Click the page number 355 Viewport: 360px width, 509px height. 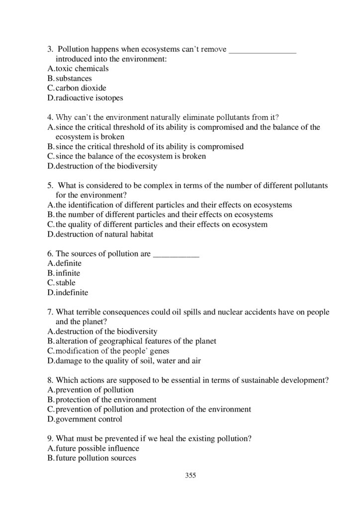[190, 475]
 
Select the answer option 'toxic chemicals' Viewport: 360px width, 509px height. [82, 69]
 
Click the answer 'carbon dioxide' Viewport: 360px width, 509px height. [81, 88]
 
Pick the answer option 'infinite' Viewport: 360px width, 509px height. [68, 273]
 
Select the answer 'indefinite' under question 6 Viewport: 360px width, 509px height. [72, 293]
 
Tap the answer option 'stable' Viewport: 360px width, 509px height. [65, 283]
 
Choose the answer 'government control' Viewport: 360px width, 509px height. [89, 419]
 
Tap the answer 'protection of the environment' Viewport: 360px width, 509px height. [106, 400]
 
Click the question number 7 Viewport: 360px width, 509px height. [50, 312]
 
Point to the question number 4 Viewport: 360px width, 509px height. [50, 117]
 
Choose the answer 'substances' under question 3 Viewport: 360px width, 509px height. [74, 79]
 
